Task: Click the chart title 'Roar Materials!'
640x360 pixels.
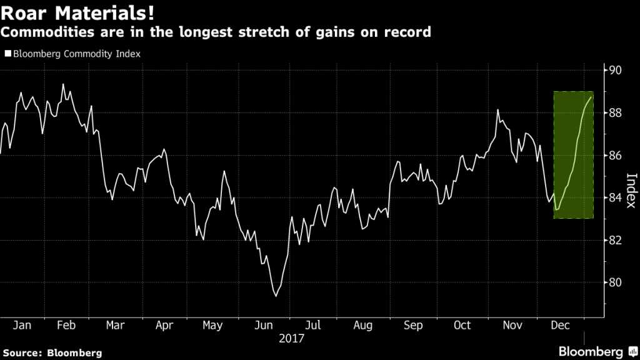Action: click(74, 12)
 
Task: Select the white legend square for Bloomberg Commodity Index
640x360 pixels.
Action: click(7, 54)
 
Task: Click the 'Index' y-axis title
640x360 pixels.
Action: click(630, 190)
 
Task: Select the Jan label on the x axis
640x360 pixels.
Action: click(22, 326)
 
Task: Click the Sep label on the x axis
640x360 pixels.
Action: click(413, 326)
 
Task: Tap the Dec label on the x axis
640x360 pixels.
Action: click(560, 326)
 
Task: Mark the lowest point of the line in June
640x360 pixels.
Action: click(276, 296)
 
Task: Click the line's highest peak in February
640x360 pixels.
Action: click(63, 84)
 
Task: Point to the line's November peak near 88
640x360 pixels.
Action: click(497, 110)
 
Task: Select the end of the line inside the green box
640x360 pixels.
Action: click(592, 97)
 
